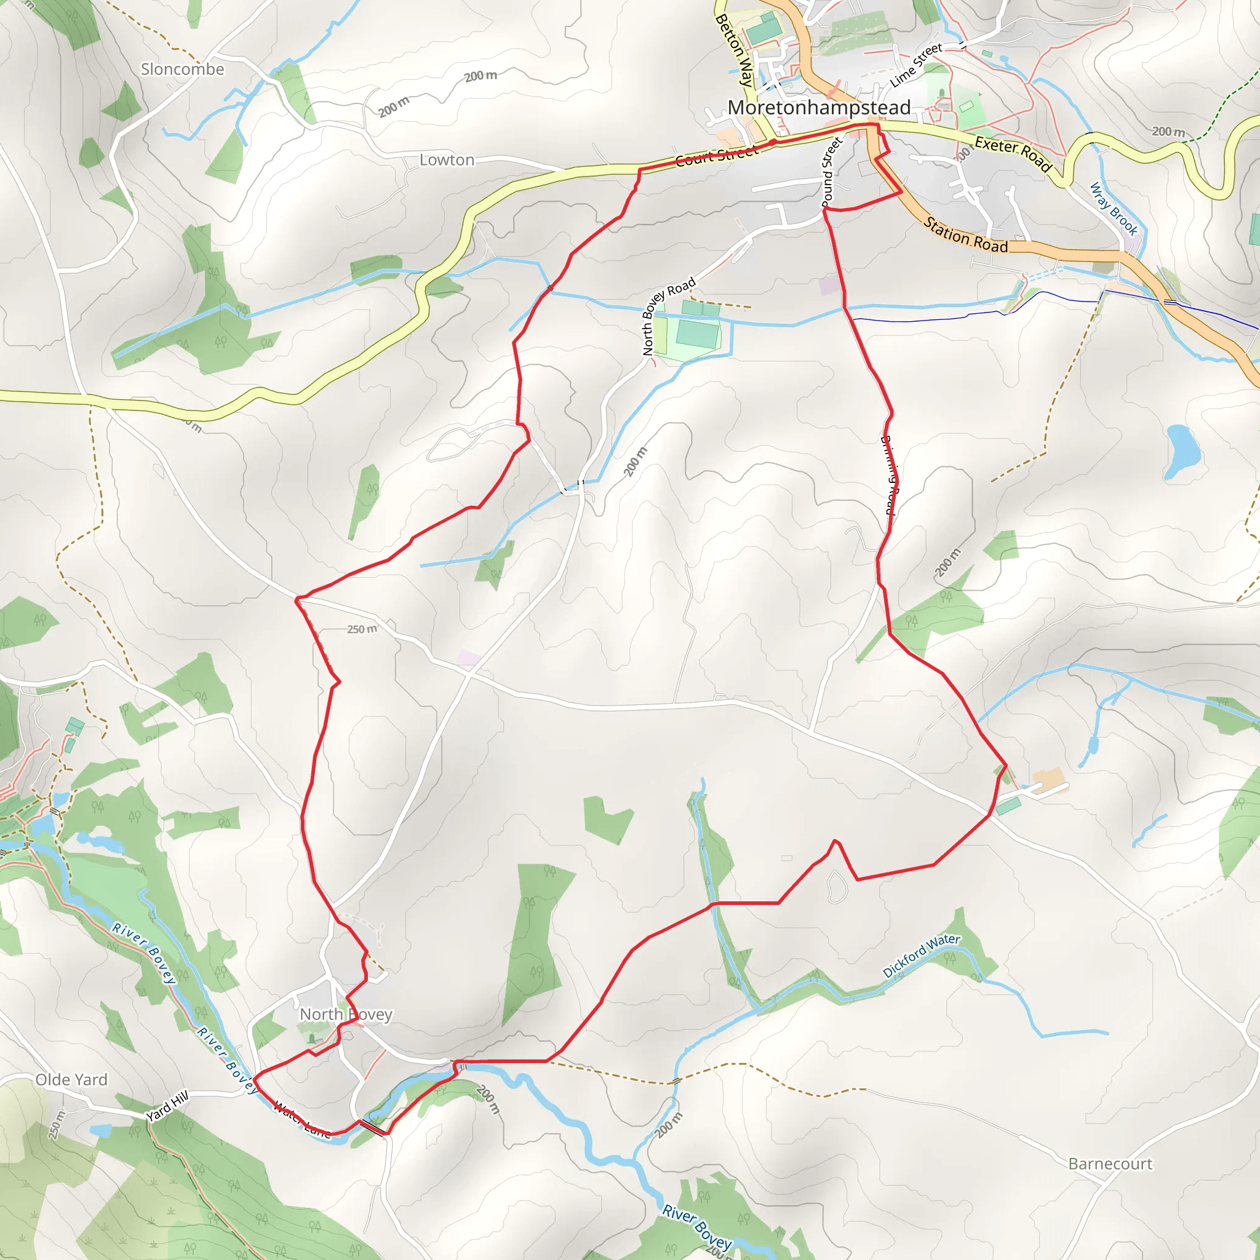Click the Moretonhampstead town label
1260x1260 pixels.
point(818,108)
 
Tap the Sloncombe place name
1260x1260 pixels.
point(183,69)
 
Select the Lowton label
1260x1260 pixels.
point(447,160)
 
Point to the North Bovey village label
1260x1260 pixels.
point(346,1014)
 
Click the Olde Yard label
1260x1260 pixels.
point(72,1079)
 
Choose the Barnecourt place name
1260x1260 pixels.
point(1110,1163)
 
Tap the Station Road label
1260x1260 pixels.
point(965,236)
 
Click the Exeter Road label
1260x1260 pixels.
point(1013,154)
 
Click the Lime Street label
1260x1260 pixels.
point(916,65)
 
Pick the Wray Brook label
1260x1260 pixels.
point(1114,209)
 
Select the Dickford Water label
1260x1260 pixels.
point(921,955)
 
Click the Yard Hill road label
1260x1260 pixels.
point(167,1106)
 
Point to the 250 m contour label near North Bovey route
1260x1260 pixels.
point(362,629)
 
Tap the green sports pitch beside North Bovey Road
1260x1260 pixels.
point(698,335)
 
